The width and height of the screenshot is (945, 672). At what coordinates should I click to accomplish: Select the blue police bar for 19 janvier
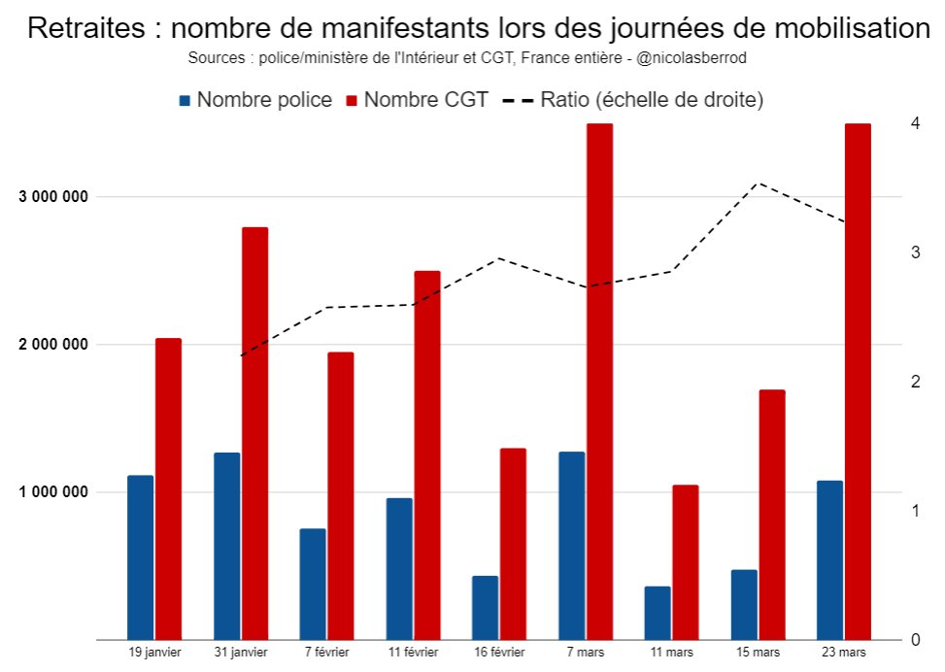click(140, 557)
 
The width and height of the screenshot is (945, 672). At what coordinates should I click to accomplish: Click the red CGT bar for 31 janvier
click(254, 433)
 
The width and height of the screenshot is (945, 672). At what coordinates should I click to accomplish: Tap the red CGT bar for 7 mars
click(599, 382)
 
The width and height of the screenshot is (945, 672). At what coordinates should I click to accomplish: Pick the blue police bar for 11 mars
click(658, 613)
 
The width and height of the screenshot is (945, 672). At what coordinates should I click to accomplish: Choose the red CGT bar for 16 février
click(513, 544)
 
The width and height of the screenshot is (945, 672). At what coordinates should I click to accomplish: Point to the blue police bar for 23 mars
click(829, 560)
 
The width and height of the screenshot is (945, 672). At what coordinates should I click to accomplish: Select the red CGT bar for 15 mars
click(772, 515)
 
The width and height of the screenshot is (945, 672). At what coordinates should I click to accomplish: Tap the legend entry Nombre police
click(255, 100)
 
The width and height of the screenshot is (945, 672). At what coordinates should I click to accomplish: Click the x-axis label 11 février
click(413, 653)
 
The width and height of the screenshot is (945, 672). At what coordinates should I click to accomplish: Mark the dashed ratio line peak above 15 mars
click(759, 183)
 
